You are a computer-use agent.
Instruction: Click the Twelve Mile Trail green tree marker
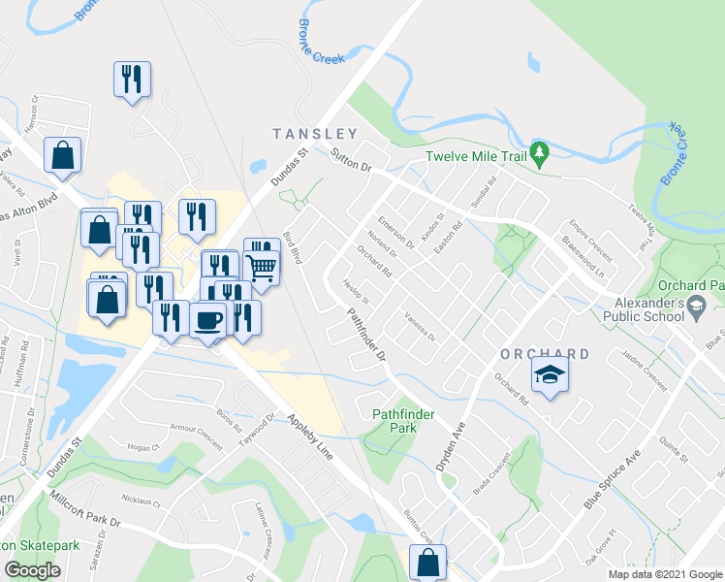[540, 152]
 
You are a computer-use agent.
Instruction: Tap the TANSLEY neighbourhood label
[315, 134]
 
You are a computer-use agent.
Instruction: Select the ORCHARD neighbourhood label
[546, 354]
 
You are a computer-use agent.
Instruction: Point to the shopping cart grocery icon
[262, 266]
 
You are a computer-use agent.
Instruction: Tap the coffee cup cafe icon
[208, 320]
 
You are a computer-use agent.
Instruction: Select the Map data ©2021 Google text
[664, 574]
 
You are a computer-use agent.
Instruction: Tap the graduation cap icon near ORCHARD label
[550, 374]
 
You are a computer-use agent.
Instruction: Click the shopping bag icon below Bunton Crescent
[427, 562]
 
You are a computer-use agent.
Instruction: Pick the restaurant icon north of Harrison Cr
[132, 78]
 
